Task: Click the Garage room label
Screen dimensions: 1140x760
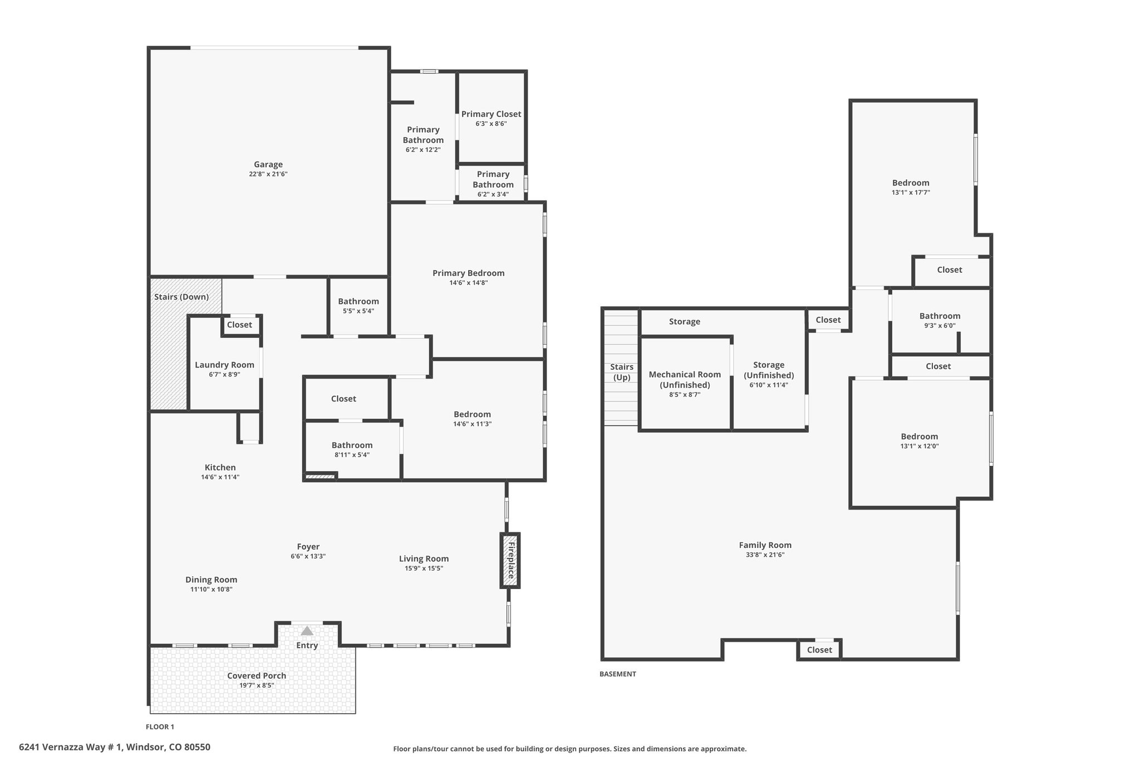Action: pyautogui.click(x=268, y=164)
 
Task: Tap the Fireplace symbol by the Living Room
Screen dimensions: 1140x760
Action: pyautogui.click(x=509, y=560)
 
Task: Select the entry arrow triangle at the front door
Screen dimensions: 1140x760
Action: pyautogui.click(x=307, y=631)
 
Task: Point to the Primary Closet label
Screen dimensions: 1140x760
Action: pyautogui.click(x=491, y=114)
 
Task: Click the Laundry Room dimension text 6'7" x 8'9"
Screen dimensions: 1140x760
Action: pyautogui.click(x=224, y=375)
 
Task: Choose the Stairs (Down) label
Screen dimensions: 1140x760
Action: pyautogui.click(x=181, y=297)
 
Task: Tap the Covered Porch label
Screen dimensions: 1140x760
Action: pyautogui.click(x=257, y=675)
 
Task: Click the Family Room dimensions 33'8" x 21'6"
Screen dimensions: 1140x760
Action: pyautogui.click(x=765, y=555)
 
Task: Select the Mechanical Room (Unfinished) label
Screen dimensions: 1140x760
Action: pyautogui.click(x=685, y=380)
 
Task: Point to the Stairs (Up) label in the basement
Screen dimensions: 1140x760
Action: pyautogui.click(x=622, y=372)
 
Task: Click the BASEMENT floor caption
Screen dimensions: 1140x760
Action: pyautogui.click(x=617, y=674)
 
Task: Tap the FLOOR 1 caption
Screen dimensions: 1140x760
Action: pyautogui.click(x=160, y=727)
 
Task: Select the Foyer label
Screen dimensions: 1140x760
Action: pyautogui.click(x=308, y=547)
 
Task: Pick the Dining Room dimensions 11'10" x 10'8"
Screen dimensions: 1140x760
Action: pyautogui.click(x=212, y=589)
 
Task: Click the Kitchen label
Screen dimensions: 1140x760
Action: pyautogui.click(x=220, y=468)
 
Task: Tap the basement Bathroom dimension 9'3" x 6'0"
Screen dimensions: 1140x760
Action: pyautogui.click(x=940, y=326)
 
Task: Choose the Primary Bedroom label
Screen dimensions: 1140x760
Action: pyautogui.click(x=469, y=273)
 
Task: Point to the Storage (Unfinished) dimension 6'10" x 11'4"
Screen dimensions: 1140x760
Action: pyautogui.click(x=769, y=385)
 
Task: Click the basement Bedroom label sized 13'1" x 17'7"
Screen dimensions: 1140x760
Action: pyautogui.click(x=911, y=183)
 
